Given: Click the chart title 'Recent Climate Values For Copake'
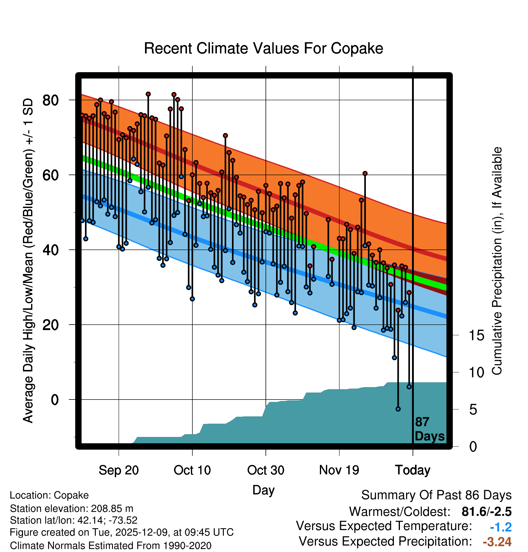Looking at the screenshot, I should click(x=263, y=48).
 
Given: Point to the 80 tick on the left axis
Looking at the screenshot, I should click(x=50, y=100).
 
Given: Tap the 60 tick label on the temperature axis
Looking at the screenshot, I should click(x=50, y=175).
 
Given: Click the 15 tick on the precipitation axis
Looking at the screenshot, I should click(x=477, y=335).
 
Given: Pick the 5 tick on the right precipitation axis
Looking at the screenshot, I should click(x=473, y=410).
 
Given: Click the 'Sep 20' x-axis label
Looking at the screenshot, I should click(x=119, y=470).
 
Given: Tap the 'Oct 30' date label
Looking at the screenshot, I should click(x=266, y=470).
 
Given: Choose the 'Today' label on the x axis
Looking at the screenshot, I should click(x=413, y=470).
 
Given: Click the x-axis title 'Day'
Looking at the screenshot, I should click(x=263, y=490).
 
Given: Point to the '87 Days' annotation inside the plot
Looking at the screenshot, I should click(x=429, y=429).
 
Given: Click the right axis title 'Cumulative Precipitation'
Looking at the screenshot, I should click(x=497, y=261).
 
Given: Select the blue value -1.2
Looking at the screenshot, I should click(x=501, y=527).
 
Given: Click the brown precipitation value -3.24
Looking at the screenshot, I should click(x=497, y=542).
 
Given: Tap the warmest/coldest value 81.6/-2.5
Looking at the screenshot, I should click(x=487, y=512).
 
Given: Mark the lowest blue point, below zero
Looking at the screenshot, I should click(x=398, y=409).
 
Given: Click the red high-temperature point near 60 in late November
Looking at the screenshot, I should click(x=365, y=173).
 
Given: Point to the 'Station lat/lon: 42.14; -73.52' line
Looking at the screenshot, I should click(x=73, y=520).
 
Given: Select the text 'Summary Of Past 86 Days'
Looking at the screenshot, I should click(x=436, y=495).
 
